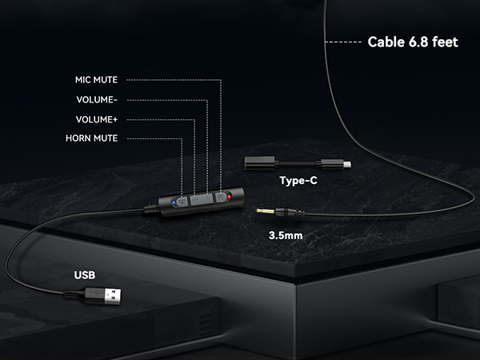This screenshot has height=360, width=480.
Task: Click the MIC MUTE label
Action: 97,80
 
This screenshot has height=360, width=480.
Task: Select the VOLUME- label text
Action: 97,100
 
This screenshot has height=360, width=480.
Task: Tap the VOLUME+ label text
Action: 97,119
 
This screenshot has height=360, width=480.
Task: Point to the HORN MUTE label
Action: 91,138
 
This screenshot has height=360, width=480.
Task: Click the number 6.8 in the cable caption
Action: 413,42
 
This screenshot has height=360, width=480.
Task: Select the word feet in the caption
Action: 445,42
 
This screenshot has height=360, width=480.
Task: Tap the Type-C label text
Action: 298,181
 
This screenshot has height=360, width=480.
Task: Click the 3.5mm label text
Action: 286,235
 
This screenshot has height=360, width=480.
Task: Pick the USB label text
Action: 85,275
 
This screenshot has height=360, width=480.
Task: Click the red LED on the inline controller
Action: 230,197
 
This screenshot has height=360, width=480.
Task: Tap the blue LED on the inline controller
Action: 174,202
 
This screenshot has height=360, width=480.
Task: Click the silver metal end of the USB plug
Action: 113,296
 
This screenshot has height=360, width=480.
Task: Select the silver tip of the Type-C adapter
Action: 347,165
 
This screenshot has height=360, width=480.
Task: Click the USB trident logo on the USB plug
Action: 94,294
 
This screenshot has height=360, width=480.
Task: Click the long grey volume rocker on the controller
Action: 201,199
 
